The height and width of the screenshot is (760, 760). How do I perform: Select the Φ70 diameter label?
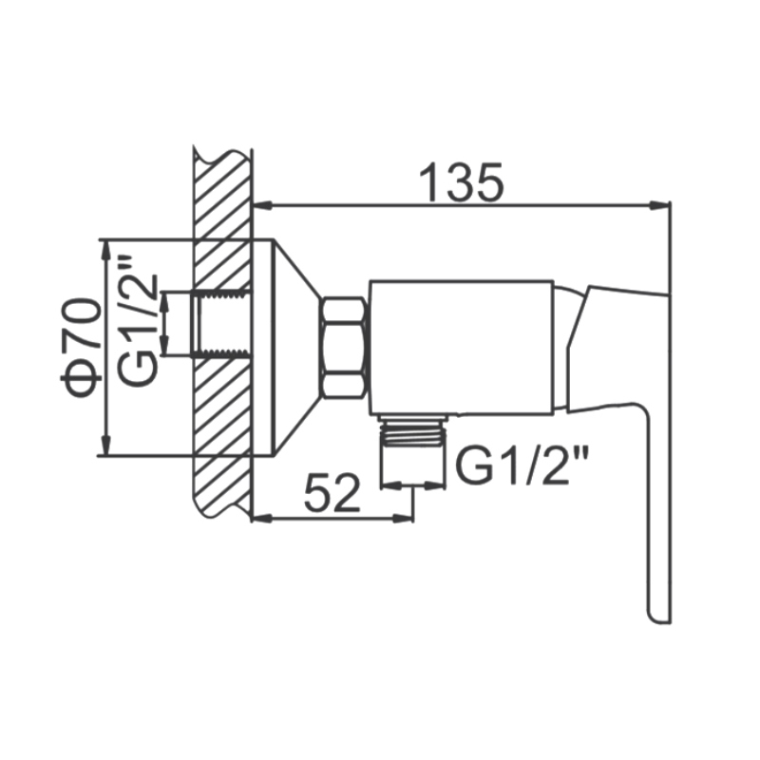tap(82, 348)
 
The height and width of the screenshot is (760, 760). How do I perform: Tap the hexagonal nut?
tap(344, 349)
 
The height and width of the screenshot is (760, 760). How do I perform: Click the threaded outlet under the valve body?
tap(413, 431)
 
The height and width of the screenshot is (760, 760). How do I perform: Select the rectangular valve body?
tap(462, 348)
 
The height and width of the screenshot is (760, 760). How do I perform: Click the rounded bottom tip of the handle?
tap(658, 616)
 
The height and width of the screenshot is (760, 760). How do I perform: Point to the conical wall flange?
tap(295, 348)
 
